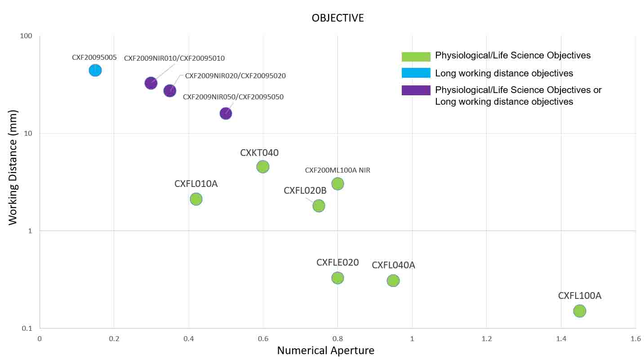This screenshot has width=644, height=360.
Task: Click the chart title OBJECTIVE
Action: point(338,18)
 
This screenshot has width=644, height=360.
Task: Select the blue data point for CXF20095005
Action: point(95,70)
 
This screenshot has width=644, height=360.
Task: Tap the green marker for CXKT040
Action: point(263,167)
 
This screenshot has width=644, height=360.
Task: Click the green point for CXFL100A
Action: point(580,311)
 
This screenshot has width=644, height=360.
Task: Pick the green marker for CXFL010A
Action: point(196,199)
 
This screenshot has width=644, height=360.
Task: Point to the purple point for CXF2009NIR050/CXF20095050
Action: point(226,114)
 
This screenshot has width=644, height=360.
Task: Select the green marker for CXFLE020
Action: point(338,278)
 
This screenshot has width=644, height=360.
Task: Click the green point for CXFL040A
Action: point(393,280)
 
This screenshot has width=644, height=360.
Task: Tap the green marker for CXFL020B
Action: point(319,206)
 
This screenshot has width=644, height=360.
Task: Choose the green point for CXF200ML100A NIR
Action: point(338,183)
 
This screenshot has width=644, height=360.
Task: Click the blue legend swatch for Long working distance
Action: point(416,73)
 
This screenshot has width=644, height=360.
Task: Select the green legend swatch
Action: point(416,56)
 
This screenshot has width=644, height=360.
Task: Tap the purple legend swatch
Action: point(416,90)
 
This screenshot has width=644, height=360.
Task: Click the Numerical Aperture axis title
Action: point(325,351)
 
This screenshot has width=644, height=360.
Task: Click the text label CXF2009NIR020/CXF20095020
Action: point(235,76)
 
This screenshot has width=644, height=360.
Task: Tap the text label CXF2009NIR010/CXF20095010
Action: point(174,58)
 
